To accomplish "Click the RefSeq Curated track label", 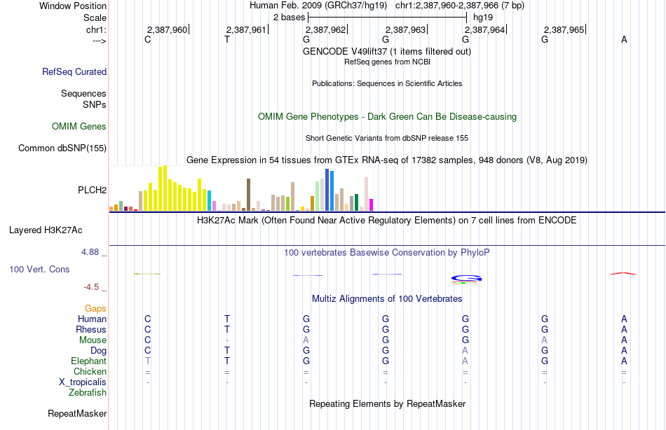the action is [x=74, y=71].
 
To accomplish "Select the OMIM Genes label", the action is [x=79, y=127].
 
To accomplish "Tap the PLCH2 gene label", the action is [x=92, y=190].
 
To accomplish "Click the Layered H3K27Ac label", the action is [x=46, y=230].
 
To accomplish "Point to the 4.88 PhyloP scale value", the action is [x=90, y=252].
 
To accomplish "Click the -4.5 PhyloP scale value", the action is [x=91, y=287].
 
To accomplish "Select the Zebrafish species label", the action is [x=88, y=393].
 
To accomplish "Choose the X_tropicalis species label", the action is [x=83, y=382].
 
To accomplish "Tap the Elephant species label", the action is [x=89, y=361].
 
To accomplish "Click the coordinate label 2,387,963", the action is [x=405, y=29].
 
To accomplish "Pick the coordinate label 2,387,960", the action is [x=167, y=29].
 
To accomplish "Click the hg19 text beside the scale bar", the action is [x=483, y=18].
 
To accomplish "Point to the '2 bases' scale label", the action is [x=289, y=18].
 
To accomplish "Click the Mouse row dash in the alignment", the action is [x=227, y=340].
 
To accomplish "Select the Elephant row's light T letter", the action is [x=148, y=361].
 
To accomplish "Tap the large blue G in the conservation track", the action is [x=466, y=279].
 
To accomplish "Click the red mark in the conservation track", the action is [x=623, y=273].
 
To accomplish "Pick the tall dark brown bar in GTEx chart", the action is [x=248, y=195].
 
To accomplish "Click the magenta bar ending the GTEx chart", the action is [x=371, y=204].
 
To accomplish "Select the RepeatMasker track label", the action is [x=77, y=414].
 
